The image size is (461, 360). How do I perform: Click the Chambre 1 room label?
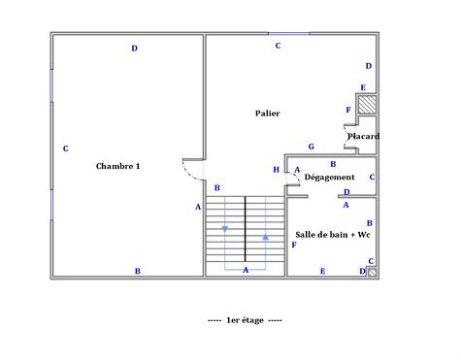coord(118,166)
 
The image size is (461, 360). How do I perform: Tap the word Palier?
coord(268,114)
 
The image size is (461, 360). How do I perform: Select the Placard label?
coord(363,136)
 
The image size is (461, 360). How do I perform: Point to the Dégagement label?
coord(329,177)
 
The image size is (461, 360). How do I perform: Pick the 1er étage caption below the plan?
coord(246,319)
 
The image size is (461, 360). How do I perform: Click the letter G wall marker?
coord(311,147)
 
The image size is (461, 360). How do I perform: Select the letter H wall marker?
coord(277,170)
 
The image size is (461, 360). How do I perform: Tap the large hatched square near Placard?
coord(369,105)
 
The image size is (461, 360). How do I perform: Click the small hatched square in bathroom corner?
coord(372,272)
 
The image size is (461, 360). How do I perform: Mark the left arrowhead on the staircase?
coord(225,229)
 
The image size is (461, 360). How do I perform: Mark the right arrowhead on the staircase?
coord(265,236)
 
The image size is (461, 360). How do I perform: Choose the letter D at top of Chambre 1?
coord(135,49)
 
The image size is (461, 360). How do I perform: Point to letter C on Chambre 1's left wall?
coord(65,148)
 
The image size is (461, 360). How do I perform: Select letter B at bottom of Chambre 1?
coord(137,271)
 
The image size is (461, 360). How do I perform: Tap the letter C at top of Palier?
coord(278,46)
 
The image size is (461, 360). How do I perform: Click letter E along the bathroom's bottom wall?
coord(322,271)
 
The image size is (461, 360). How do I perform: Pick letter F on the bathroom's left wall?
coord(293,245)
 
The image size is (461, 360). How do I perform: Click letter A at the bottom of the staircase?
coord(246,269)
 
